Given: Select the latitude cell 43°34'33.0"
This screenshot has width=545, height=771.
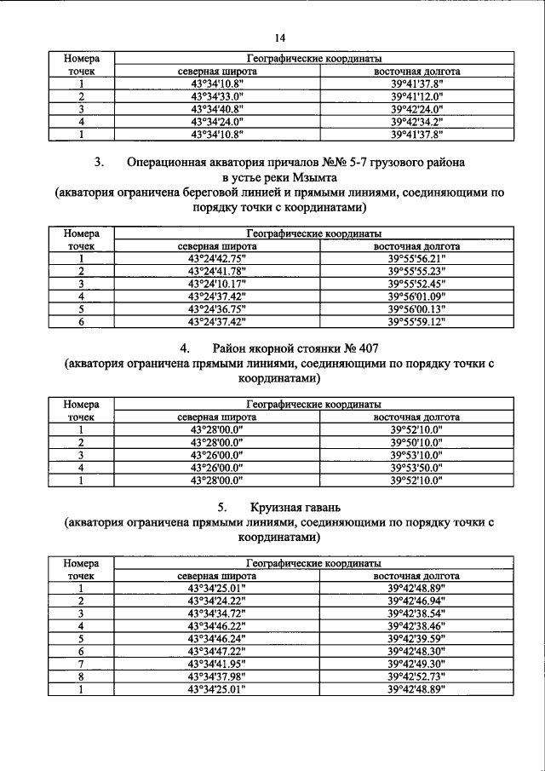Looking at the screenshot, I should click(217, 96).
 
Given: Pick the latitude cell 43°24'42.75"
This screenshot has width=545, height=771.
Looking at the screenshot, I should click(217, 259).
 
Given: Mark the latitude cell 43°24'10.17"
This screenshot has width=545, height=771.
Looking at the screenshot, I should click(217, 284).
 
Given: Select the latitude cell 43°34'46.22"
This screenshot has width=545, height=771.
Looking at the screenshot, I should click(217, 625).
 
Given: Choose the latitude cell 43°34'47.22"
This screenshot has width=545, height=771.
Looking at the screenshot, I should click(217, 651).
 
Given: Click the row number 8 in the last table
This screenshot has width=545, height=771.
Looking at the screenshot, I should click(81, 676).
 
